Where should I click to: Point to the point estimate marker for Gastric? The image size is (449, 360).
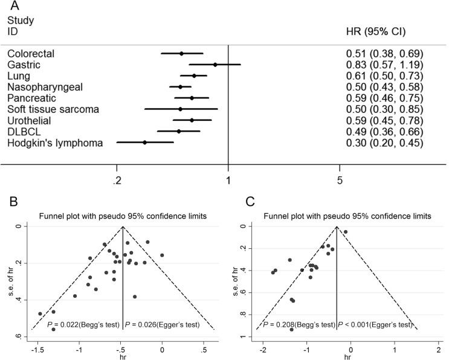click(215, 65)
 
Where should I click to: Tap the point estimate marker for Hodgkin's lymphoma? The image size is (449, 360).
click(144, 143)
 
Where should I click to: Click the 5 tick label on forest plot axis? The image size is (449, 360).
click(340, 180)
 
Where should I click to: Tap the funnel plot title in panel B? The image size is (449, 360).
click(121, 216)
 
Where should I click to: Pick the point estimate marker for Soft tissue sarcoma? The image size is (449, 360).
click(180, 109)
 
